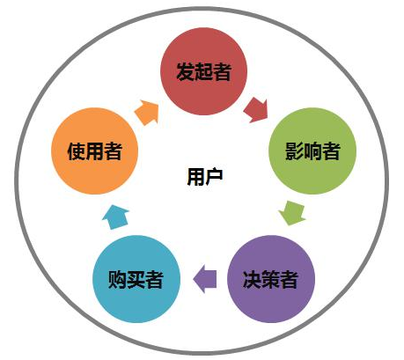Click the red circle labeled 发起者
203,71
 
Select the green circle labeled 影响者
312,151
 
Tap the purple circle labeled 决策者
271,279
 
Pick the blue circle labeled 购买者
136,279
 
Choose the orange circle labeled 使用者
94,151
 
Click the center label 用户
205,177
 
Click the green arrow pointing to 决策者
292,213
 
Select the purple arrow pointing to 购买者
205,279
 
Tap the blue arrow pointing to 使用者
115,217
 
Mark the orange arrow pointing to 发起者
147,113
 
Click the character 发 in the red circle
186,71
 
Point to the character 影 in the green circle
294,151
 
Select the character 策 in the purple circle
270,279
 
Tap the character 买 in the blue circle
136,279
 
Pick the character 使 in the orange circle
77,151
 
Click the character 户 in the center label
214,177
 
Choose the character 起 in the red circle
204,71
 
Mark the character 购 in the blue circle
117,279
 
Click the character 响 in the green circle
312,151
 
